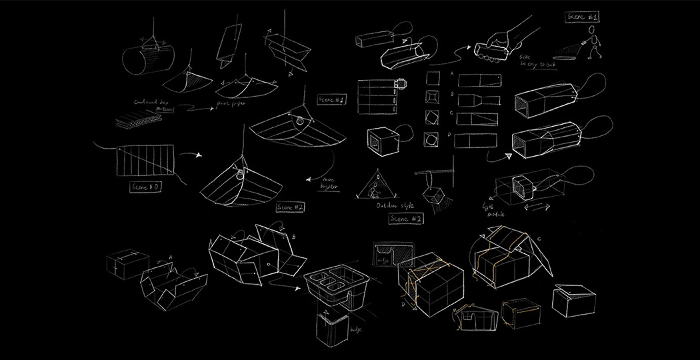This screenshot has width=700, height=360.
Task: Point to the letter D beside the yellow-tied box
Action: point(404,303)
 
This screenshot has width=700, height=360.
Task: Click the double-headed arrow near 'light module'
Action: point(537,208)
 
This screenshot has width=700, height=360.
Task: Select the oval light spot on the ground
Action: point(567,59)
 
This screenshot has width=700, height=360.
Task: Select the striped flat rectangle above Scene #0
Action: point(145,160)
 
